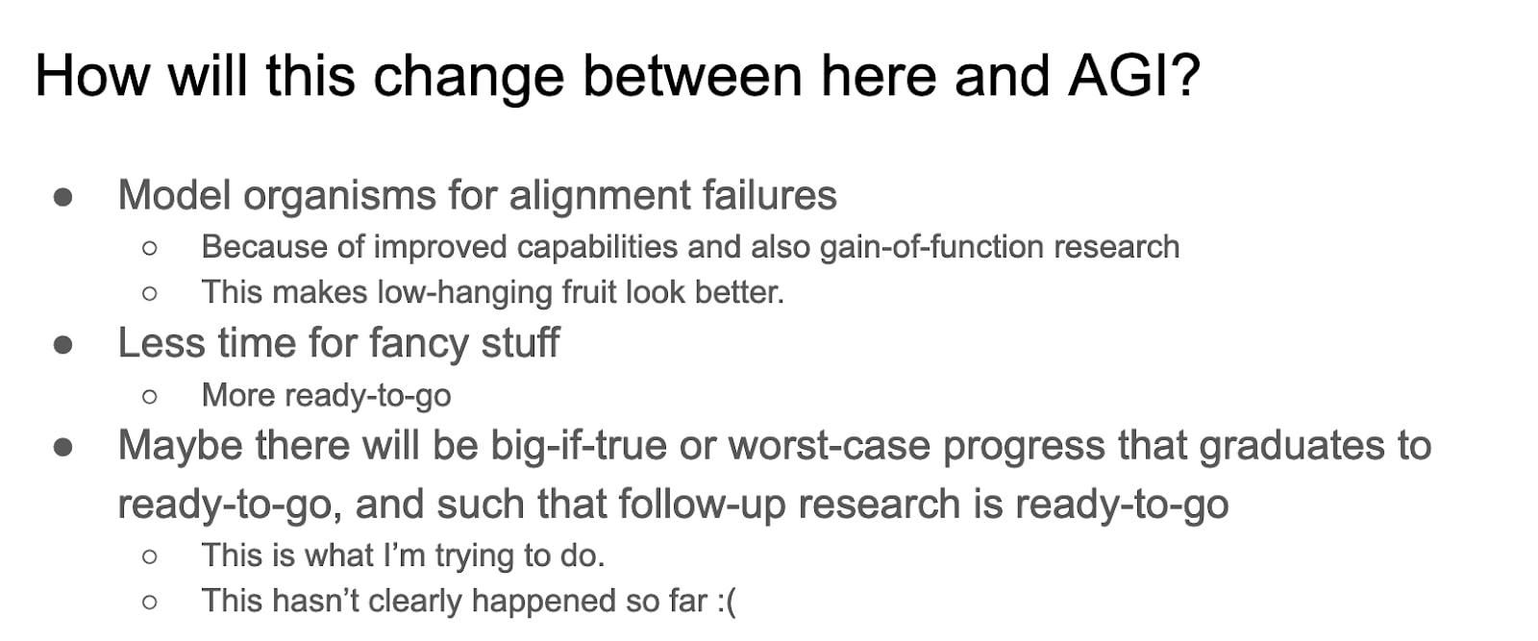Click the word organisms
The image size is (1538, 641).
click(339, 196)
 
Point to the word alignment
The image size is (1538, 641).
click(600, 196)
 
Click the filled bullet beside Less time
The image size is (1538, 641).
click(63, 344)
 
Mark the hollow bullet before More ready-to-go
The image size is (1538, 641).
click(150, 396)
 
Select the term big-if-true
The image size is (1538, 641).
click(578, 445)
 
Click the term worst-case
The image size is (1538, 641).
click(830, 445)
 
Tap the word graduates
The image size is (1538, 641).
click(1292, 446)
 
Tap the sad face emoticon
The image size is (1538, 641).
click(727, 602)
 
